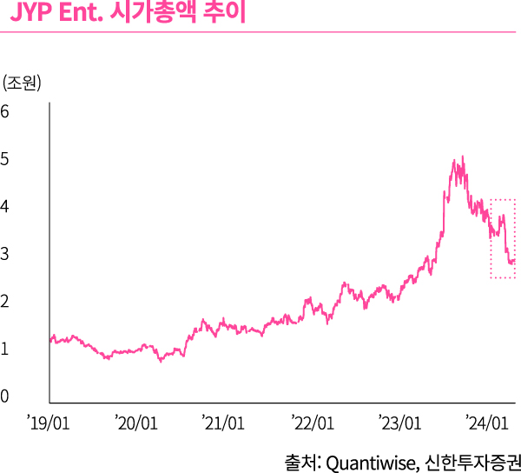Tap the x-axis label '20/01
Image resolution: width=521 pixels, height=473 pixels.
136,423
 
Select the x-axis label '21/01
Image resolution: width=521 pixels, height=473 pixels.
224,423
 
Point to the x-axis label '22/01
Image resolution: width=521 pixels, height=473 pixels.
313,423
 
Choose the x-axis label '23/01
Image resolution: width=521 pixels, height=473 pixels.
400,423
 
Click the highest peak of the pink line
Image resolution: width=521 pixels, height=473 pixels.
463,157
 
